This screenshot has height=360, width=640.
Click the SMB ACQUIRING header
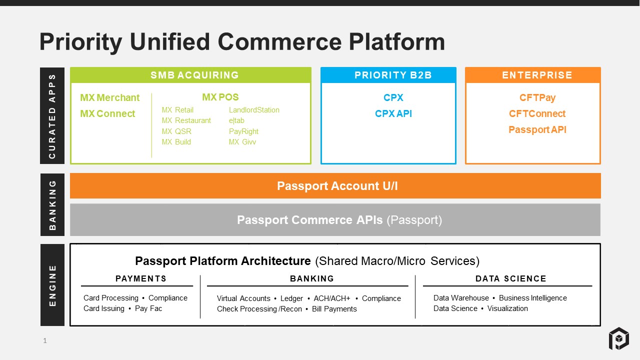[x=194, y=75]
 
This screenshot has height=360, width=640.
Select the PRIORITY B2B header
[x=393, y=75]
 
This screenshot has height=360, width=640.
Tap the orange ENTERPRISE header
[x=537, y=75]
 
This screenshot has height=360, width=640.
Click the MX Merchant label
[x=110, y=97]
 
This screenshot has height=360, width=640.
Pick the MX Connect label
[x=107, y=113]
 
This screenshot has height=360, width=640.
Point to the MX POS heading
[x=220, y=97]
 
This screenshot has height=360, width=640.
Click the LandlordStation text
[x=254, y=110]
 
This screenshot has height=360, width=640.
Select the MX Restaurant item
[x=186, y=120]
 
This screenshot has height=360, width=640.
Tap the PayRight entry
[x=243, y=131]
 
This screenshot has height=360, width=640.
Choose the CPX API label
[x=393, y=113]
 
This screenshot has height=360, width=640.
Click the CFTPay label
[x=537, y=97]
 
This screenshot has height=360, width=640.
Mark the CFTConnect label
[x=537, y=113]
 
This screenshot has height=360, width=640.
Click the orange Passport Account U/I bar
[x=335, y=186]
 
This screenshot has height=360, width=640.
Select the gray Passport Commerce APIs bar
[x=335, y=220]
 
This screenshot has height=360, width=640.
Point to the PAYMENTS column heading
[x=141, y=279]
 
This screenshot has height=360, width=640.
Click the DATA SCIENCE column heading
[x=510, y=279]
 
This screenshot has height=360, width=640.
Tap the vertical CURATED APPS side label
[x=52, y=116]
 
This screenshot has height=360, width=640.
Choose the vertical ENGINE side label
[x=52, y=285]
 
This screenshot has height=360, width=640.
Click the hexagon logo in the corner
[x=618, y=338]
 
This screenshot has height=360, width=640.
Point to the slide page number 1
[x=45, y=341]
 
